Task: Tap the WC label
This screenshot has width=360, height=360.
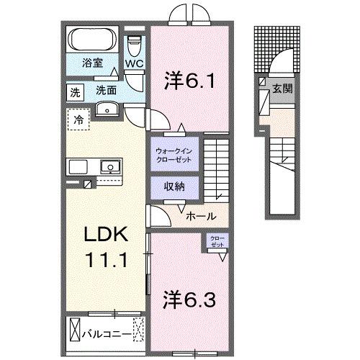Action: tap(135, 63)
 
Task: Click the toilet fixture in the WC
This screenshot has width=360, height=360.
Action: tap(134, 45)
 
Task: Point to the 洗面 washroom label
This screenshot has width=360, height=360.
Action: tap(106, 91)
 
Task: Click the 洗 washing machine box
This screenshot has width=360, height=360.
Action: tap(76, 91)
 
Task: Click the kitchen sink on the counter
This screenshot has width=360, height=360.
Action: tap(109, 167)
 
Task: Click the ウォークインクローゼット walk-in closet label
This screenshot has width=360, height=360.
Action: tap(172, 155)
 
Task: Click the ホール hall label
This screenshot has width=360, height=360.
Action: tap(200, 215)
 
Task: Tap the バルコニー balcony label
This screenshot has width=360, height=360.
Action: tap(108, 333)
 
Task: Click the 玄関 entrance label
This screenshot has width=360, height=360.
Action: tap(282, 89)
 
